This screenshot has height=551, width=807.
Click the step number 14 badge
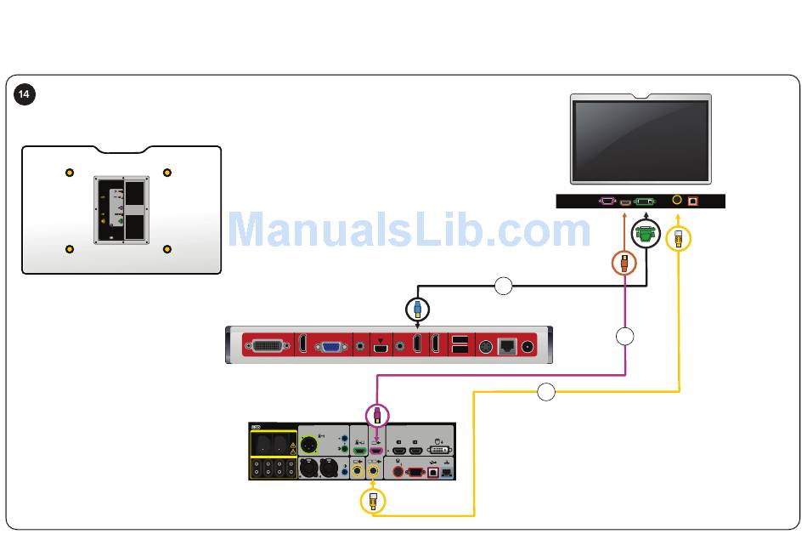click(24, 94)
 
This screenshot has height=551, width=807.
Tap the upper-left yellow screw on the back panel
click(70, 173)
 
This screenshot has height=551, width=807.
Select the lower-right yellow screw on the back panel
click(167, 249)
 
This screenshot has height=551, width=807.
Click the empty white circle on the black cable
click(503, 286)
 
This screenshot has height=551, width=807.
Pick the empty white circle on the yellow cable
click(546, 392)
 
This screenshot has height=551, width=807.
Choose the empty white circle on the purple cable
click(624, 336)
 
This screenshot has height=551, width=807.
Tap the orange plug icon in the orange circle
click(624, 263)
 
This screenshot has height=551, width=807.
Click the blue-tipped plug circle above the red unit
click(417, 309)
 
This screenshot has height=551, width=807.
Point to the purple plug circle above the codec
click(377, 415)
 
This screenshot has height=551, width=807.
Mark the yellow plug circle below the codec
click(372, 502)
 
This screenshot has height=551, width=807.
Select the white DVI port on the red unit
click(268, 346)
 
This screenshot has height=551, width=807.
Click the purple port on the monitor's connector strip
click(607, 202)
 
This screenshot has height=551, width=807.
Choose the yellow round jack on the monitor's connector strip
click(676, 201)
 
